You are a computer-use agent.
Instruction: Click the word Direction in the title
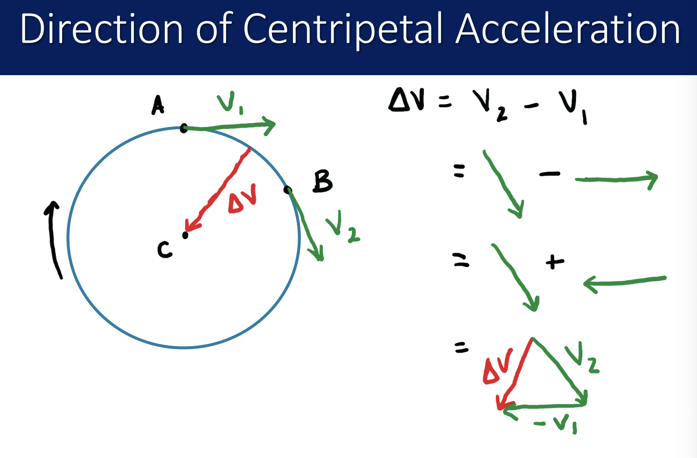pyautogui.click(x=101, y=29)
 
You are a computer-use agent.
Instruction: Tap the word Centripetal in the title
pyautogui.click(x=342, y=29)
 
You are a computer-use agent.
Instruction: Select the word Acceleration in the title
pyautogui.click(x=568, y=29)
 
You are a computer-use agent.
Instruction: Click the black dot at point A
pyautogui.click(x=184, y=128)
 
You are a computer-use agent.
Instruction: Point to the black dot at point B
pyautogui.click(x=287, y=190)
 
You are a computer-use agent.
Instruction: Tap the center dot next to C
pyautogui.click(x=185, y=235)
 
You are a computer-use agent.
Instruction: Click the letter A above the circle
pyautogui.click(x=157, y=105)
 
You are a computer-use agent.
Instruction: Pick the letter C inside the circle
pyautogui.click(x=164, y=250)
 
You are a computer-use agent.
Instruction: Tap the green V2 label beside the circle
pyautogui.click(x=342, y=227)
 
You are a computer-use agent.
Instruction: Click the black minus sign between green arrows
pyautogui.click(x=549, y=174)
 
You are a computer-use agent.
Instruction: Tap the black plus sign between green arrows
pyautogui.click(x=555, y=262)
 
